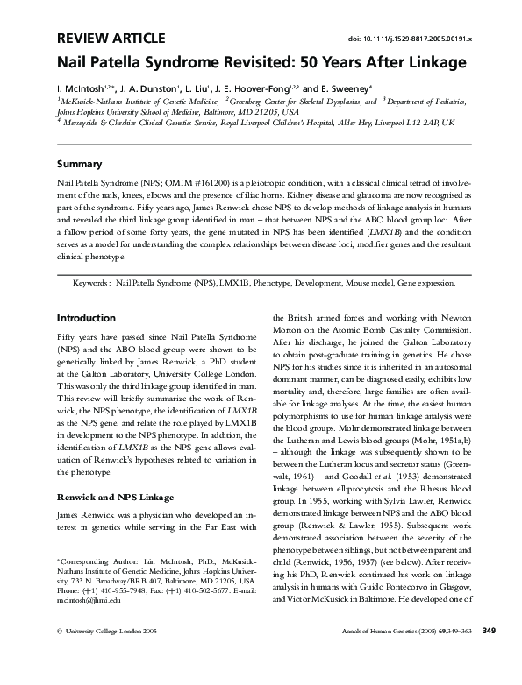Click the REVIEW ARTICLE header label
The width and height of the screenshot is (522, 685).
pyautogui.click(x=110, y=37)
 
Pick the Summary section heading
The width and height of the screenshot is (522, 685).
pyautogui.click(x=79, y=164)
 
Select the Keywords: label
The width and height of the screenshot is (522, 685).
pyautogui.click(x=91, y=285)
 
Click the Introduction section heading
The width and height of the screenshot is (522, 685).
pyautogui.click(x=86, y=318)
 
